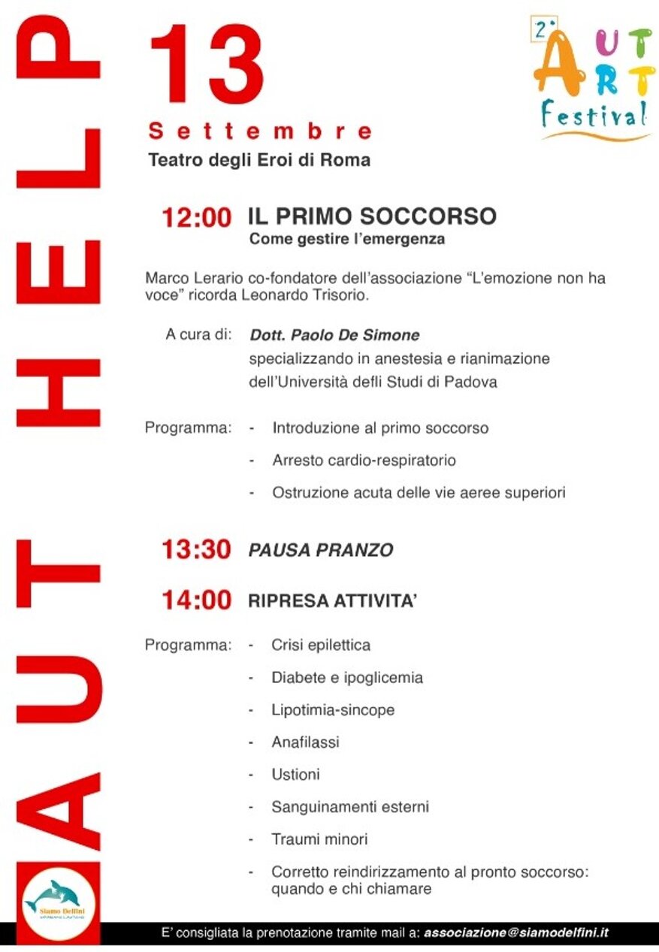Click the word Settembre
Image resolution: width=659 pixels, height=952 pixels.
(x=260, y=131)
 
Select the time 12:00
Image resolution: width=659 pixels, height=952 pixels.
(x=197, y=219)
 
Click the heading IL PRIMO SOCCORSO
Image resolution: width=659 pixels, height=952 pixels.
(x=372, y=216)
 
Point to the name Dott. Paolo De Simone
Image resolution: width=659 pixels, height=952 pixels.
(x=334, y=335)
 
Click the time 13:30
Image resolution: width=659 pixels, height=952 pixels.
(x=197, y=550)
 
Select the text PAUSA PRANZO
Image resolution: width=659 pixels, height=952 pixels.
(x=321, y=551)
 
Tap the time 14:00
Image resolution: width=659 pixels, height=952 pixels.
(x=197, y=600)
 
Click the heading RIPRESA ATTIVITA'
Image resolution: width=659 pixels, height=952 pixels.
(x=332, y=601)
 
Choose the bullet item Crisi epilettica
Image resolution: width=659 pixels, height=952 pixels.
(x=321, y=645)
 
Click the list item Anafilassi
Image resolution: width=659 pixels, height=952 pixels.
(x=305, y=742)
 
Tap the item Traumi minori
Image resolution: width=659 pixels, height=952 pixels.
(x=319, y=839)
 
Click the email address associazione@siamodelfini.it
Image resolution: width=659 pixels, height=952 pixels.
(x=515, y=932)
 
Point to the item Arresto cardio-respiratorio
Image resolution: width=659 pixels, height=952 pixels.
(x=364, y=460)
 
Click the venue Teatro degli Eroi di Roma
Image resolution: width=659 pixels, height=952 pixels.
(x=259, y=160)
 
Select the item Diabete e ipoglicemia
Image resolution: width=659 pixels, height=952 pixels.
(x=347, y=678)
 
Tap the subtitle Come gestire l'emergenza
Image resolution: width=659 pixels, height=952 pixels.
(x=347, y=240)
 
